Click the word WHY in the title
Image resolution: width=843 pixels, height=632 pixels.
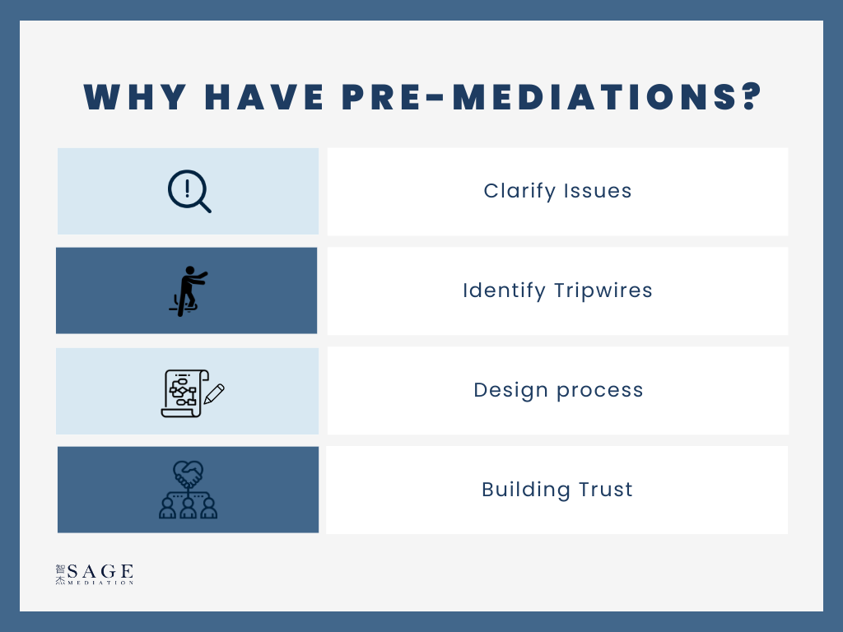[135, 97]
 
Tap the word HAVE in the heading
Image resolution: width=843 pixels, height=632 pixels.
[264, 97]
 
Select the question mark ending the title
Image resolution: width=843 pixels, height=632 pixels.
[751, 97]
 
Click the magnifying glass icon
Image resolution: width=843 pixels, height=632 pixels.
[189, 191]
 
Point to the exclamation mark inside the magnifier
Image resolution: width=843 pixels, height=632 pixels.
[187, 188]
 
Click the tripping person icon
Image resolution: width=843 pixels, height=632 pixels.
[188, 290]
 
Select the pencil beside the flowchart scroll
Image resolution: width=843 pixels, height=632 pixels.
[214, 394]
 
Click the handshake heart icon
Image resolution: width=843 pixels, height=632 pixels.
[189, 490]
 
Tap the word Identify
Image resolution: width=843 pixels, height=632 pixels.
[505, 290]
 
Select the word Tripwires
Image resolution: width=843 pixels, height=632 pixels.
[603, 290]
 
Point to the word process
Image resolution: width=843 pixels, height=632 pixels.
[600, 391]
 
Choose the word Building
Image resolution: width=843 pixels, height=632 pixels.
[526, 490]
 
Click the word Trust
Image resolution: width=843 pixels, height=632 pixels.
[605, 490]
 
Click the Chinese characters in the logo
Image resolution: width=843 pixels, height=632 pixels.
[60, 574]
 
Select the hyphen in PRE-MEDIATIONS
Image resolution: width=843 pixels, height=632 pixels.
[438, 98]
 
